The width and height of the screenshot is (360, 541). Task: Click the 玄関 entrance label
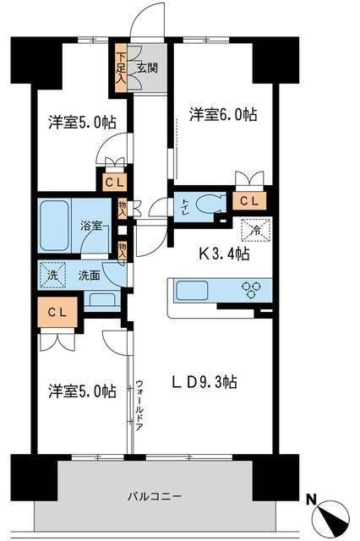tap(140, 69)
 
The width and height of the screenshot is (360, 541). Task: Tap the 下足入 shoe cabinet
tap(122, 69)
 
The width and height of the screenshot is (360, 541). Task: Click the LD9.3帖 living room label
tap(206, 382)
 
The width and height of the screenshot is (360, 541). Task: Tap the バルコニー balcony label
tap(155, 496)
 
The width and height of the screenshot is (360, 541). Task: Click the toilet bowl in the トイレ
tap(207, 204)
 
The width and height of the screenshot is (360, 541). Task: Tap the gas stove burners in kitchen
tap(252, 291)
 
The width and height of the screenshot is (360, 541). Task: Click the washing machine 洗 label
tap(52, 274)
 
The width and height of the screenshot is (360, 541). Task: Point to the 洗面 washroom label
tap(89, 274)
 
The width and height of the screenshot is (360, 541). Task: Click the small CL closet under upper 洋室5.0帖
tap(112, 180)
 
